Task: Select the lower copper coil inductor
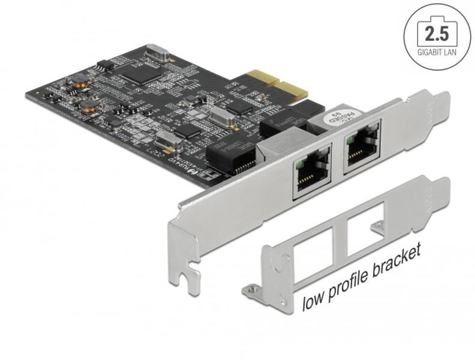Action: [90, 107]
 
